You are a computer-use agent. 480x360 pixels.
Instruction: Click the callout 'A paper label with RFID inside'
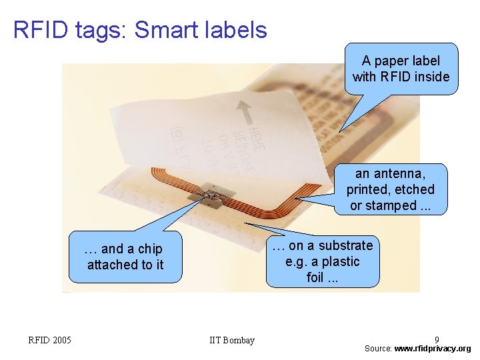[401, 69]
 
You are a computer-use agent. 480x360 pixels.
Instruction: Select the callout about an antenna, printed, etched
[390, 189]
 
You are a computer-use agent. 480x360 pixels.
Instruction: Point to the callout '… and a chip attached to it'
[125, 257]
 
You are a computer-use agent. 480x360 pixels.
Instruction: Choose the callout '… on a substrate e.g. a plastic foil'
[323, 261]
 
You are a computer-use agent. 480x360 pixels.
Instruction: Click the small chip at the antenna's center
[212, 195]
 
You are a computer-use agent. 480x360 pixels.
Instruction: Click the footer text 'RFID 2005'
[49, 341]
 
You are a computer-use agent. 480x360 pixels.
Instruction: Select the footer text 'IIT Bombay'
[231, 341]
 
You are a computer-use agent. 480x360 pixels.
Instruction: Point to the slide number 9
[437, 339]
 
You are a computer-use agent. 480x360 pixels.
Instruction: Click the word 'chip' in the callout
[150, 249]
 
